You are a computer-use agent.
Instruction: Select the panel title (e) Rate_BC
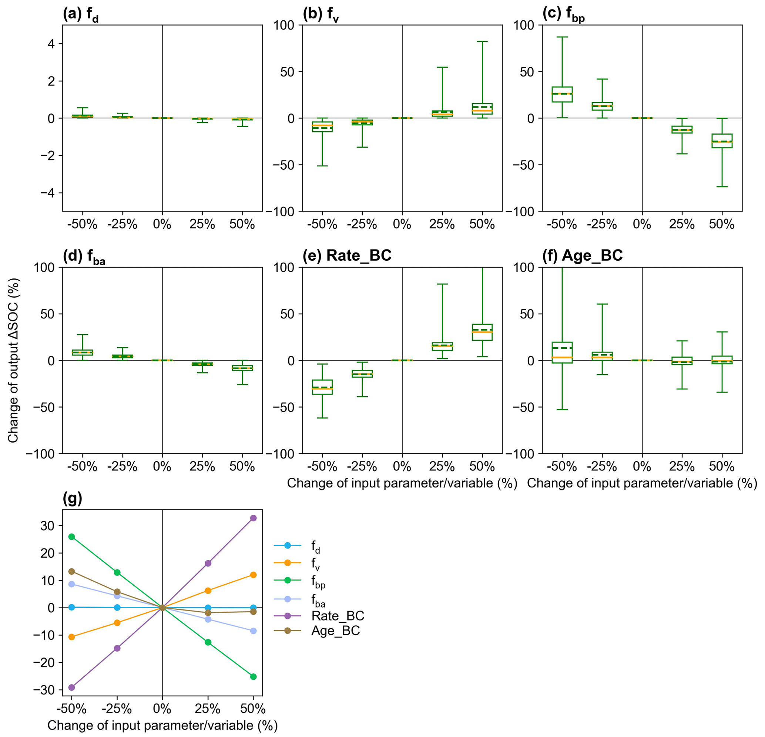pyautogui.click(x=347, y=256)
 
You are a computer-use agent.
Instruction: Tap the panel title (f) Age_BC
pyautogui.click(x=582, y=256)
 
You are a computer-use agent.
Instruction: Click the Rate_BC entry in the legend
pyautogui.click(x=338, y=616)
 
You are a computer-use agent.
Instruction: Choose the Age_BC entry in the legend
pyautogui.click(x=335, y=630)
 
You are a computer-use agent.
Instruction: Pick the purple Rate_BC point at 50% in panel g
pyautogui.click(x=253, y=518)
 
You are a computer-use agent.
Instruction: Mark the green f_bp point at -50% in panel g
pyautogui.click(x=71, y=537)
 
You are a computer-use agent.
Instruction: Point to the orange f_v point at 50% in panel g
pyautogui.click(x=253, y=575)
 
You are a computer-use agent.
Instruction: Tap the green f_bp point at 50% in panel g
pyautogui.click(x=253, y=677)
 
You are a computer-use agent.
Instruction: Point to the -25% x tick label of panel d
pyautogui.click(x=123, y=466)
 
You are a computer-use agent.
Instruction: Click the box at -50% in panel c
pyautogui.click(x=562, y=94)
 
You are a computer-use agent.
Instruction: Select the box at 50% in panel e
pyautogui.click(x=482, y=332)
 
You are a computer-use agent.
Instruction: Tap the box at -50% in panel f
pyautogui.click(x=562, y=352)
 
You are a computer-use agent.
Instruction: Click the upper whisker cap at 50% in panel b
pyautogui.click(x=482, y=41)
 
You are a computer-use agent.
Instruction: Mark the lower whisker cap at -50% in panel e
pyautogui.click(x=322, y=418)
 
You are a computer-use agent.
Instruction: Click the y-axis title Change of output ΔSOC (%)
pyautogui.click(x=13, y=360)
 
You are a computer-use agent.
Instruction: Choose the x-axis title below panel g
pyautogui.click(x=162, y=725)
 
